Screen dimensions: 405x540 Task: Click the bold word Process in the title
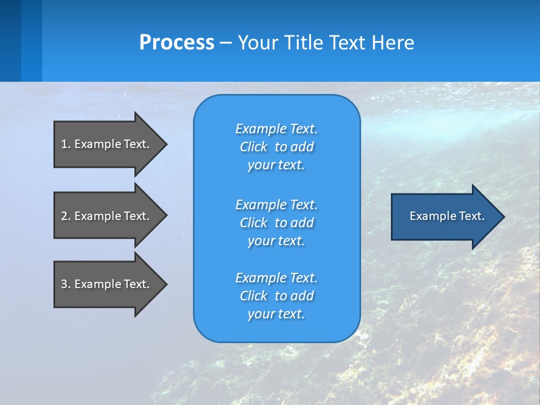click(x=177, y=43)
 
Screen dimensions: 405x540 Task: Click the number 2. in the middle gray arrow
click(x=65, y=216)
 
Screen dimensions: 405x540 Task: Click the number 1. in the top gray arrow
click(x=65, y=144)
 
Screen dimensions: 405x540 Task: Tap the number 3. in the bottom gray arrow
click(x=65, y=284)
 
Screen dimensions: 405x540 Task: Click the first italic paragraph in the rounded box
click(x=276, y=147)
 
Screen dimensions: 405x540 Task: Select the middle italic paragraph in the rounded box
click(x=276, y=223)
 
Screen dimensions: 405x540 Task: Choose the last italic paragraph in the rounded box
click(x=276, y=296)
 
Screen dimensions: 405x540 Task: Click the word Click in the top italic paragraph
click(x=253, y=147)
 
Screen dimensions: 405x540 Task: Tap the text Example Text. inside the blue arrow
click(x=447, y=216)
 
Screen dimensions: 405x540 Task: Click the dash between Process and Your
click(x=226, y=43)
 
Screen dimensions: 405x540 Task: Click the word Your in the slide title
click(x=258, y=43)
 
